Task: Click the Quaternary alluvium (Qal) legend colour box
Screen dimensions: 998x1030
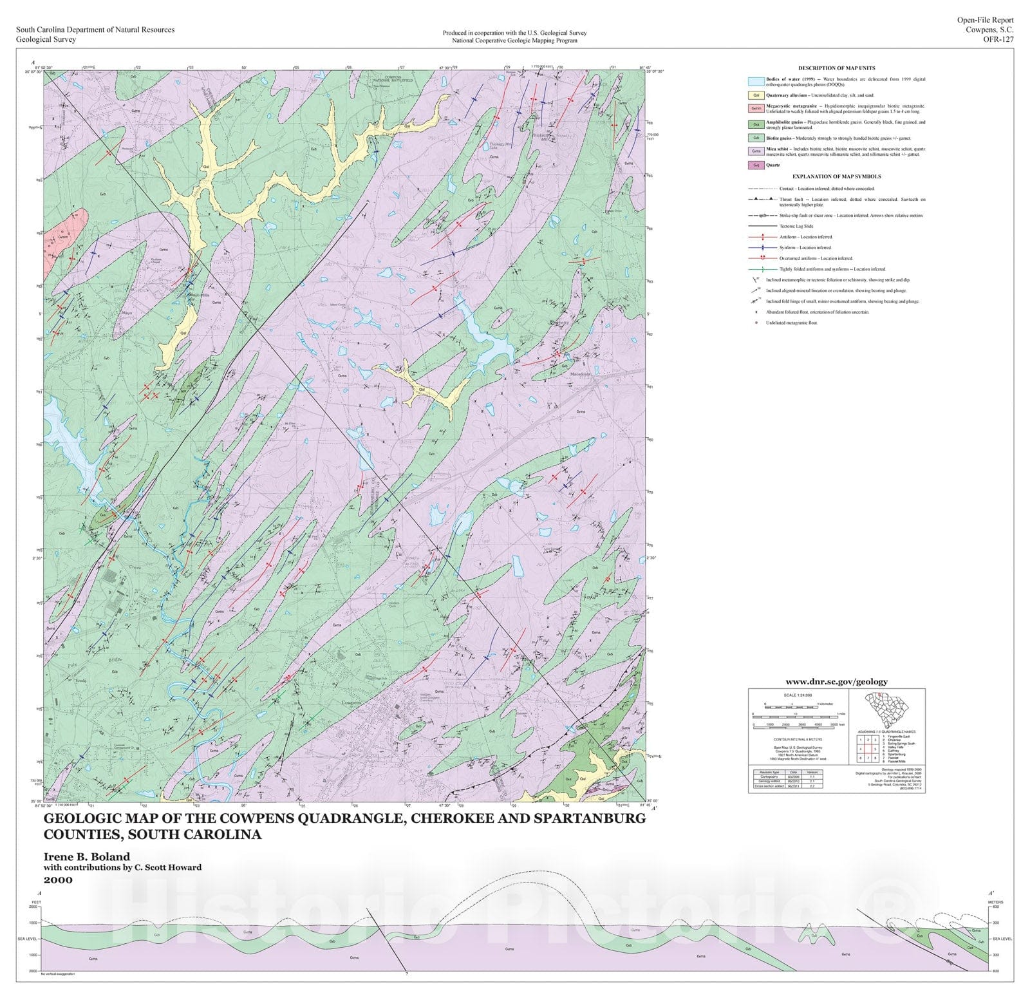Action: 756,95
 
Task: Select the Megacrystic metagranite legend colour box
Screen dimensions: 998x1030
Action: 756,108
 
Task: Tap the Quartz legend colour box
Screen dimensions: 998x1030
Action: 756,165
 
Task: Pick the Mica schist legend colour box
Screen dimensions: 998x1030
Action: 756,151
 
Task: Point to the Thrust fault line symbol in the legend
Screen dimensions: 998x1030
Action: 762,200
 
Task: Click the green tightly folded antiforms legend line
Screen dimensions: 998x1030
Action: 762,269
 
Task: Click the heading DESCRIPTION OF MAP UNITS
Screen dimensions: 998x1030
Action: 836,68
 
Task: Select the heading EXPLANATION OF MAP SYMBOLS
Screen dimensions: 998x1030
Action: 836,176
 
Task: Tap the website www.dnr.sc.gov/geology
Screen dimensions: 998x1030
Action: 836,681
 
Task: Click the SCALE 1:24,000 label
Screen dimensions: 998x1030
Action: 798,695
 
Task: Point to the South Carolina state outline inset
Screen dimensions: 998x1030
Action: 887,710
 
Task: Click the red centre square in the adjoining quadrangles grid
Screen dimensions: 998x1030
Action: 868,749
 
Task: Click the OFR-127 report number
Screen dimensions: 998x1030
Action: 998,39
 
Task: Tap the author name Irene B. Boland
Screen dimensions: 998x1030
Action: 86,856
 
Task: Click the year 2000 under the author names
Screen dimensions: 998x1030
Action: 58,880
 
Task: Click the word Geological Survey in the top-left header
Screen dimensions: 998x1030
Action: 46,39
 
